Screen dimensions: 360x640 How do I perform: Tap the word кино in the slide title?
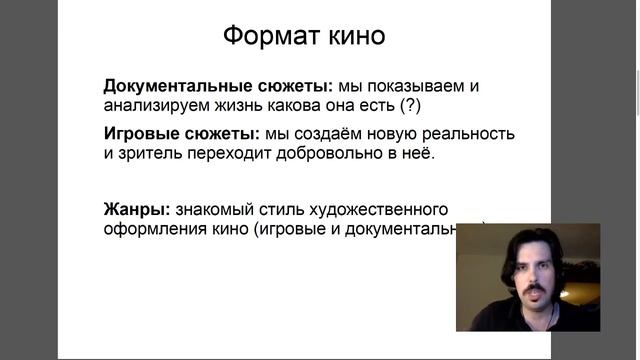(x=349, y=37)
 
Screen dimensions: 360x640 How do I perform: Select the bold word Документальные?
(x=170, y=86)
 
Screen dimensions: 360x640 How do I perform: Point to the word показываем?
(x=412, y=86)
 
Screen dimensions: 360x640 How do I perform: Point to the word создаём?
(x=330, y=134)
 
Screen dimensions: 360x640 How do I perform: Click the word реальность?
(x=469, y=134)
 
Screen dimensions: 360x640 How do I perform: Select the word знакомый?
(x=212, y=210)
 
